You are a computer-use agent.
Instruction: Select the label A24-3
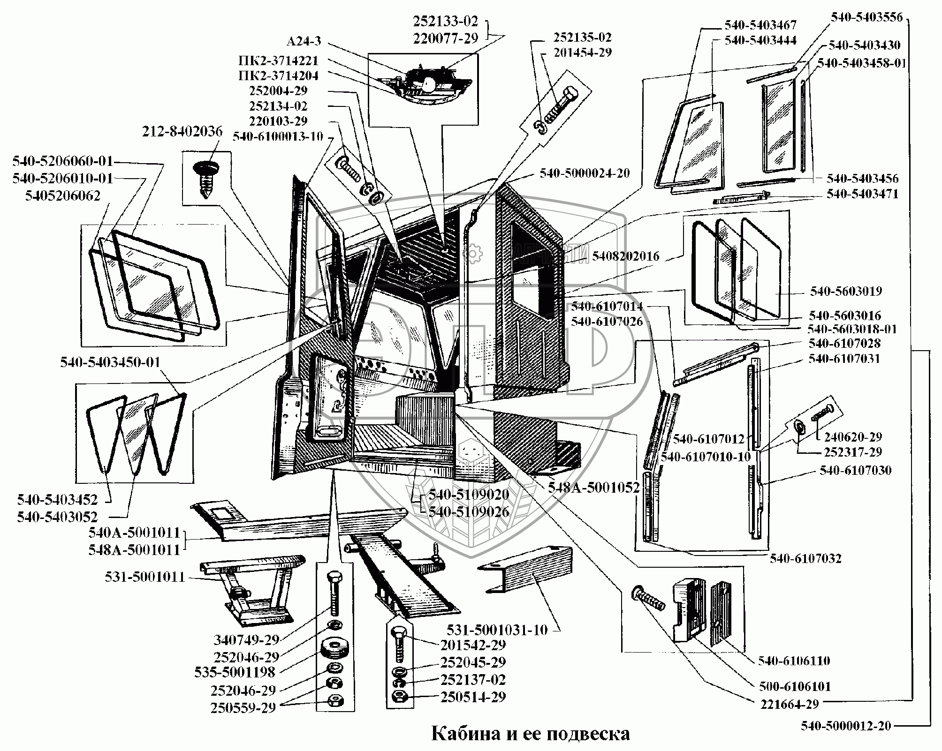[304, 42]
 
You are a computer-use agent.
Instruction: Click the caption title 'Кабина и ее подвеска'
[530, 733]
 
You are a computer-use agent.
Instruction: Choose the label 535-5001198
[235, 672]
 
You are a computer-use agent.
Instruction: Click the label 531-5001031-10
[497, 630]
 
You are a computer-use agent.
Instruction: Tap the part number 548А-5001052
[594, 488]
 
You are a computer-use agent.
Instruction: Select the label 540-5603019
[846, 291]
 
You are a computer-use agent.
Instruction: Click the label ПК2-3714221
[278, 61]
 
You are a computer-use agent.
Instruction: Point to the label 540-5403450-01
[110, 362]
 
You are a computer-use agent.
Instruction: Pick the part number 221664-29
[789, 717]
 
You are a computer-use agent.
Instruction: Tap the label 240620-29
[852, 437]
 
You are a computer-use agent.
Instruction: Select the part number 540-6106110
[794, 661]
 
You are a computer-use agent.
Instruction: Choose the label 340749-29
[246, 639]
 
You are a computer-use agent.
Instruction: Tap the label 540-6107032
[805, 558]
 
